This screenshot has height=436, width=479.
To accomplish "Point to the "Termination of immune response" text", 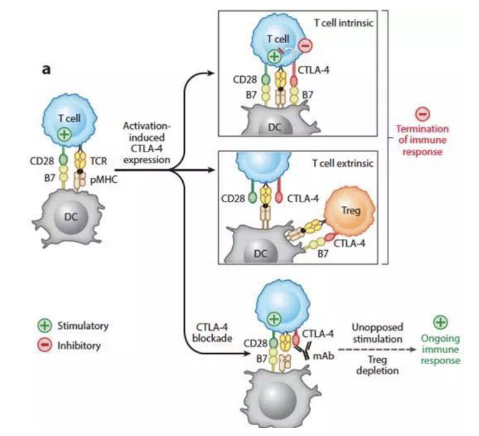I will tap(422, 140).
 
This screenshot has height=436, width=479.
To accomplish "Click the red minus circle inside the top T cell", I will tap(305, 45).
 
